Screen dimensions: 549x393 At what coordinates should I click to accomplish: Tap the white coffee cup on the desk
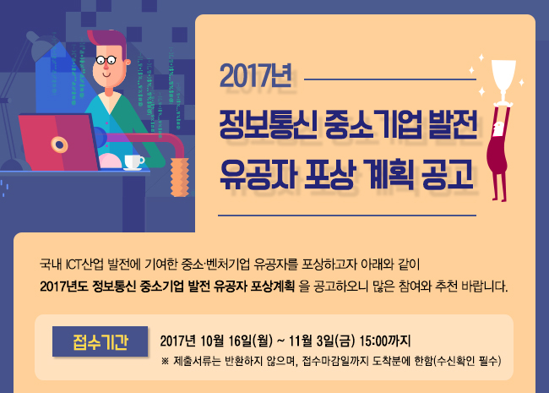click(x=134, y=162)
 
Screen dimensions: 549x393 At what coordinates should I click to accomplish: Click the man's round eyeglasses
click(x=106, y=60)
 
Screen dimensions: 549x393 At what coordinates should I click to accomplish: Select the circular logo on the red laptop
click(x=59, y=145)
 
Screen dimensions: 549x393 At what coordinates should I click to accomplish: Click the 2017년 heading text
click(x=256, y=76)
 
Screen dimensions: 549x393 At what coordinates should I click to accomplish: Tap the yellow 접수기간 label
click(x=101, y=341)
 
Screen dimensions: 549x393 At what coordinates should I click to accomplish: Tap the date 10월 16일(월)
click(x=236, y=341)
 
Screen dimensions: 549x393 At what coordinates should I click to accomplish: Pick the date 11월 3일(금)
click(x=322, y=341)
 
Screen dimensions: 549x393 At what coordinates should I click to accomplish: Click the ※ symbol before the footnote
click(x=165, y=361)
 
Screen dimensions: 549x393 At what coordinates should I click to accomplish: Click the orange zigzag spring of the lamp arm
click(x=180, y=176)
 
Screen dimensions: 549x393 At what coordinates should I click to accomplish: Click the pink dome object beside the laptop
click(x=111, y=161)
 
